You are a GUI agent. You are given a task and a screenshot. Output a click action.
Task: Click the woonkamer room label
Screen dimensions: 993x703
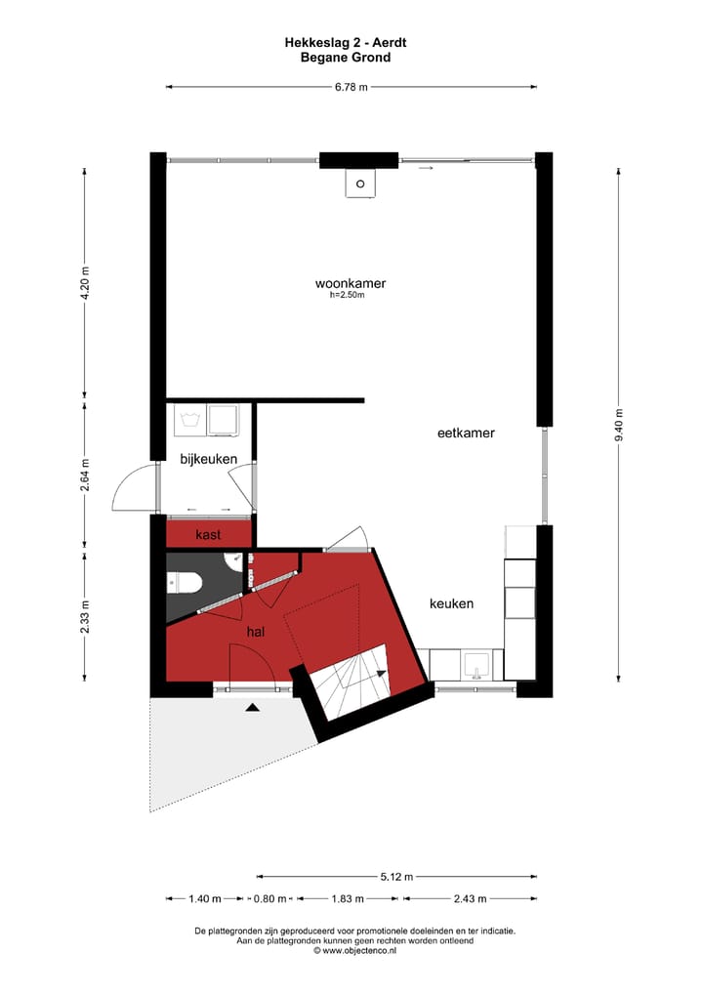coord(351,283)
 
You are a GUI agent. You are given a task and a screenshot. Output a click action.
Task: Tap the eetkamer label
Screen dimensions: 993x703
coord(466,433)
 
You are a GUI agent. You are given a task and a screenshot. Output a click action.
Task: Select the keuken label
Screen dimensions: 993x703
coord(451,603)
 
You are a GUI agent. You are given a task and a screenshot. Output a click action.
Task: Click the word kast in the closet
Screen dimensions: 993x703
coord(208,534)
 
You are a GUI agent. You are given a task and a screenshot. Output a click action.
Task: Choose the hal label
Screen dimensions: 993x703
coord(256,632)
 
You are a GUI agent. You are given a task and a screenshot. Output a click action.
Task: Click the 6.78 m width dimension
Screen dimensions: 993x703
coord(351,87)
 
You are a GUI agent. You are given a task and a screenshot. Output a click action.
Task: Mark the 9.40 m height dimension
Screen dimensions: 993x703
coord(619,425)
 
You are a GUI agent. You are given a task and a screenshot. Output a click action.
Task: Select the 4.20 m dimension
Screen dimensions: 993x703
coord(85,284)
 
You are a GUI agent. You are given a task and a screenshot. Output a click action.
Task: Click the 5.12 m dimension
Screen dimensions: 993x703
coord(396,876)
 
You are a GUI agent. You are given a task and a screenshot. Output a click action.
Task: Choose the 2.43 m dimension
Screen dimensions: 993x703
coord(470,898)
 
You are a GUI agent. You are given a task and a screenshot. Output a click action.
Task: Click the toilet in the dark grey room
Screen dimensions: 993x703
coord(184,583)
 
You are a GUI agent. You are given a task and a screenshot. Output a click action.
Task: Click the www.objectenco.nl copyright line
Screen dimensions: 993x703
coord(354,950)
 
